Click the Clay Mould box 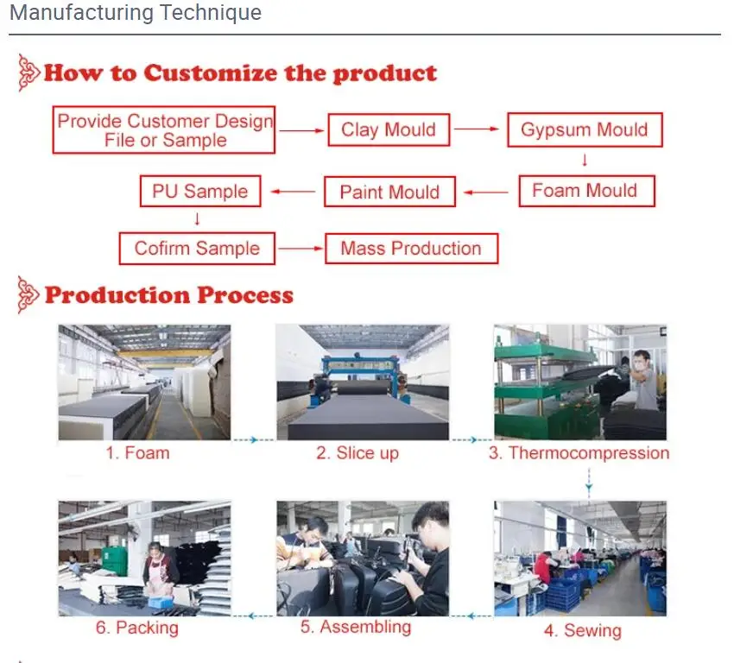(389, 130)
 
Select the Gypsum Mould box (584, 130)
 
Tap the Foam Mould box (585, 191)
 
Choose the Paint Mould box (389, 192)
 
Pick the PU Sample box (199, 192)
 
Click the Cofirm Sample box (197, 249)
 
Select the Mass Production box (411, 249)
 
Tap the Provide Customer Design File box (164, 130)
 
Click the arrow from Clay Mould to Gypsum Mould (477, 129)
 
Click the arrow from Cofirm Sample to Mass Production (299, 249)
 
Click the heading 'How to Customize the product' (240, 73)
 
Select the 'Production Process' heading (168, 295)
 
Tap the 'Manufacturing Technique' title (136, 13)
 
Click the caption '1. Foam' (137, 453)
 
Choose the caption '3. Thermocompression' (579, 453)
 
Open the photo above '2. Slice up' (363, 382)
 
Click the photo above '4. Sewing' (580, 558)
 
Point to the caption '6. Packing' (136, 628)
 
